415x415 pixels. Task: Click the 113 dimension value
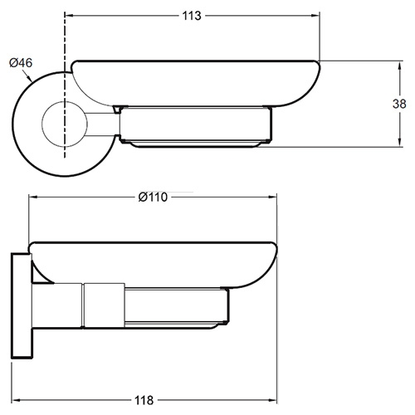192,16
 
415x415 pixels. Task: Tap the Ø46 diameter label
21,63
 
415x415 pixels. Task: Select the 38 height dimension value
399,104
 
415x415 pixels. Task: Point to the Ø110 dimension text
153,198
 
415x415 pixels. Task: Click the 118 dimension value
144,400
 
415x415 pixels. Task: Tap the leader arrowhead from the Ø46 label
30,78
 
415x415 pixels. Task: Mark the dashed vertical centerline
65,85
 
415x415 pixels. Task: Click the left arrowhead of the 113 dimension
69,16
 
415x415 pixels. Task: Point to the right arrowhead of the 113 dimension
315,16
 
